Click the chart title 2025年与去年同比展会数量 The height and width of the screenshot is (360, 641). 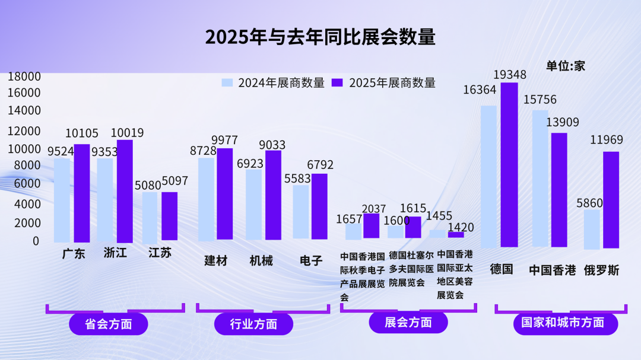click(x=320, y=37)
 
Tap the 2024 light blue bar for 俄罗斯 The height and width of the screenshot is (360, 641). click(x=592, y=229)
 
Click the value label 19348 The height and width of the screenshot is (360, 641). click(x=509, y=75)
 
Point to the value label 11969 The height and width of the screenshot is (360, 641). click(x=607, y=140)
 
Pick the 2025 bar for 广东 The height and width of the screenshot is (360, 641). click(x=82, y=193)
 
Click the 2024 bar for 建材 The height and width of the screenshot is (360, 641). click(x=206, y=199)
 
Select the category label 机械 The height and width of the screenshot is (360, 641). click(x=261, y=260)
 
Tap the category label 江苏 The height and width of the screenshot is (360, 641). click(x=160, y=253)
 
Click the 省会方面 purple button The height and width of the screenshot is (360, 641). click(x=109, y=324)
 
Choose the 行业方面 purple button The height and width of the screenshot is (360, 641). click(x=253, y=324)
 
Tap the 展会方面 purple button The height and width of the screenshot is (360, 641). click(x=408, y=322)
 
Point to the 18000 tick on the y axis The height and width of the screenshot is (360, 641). click(x=24, y=77)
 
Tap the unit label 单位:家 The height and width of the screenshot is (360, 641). click(x=566, y=66)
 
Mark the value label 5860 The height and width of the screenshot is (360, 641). click(x=589, y=203)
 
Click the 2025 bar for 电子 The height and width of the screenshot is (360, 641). click(x=319, y=206)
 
